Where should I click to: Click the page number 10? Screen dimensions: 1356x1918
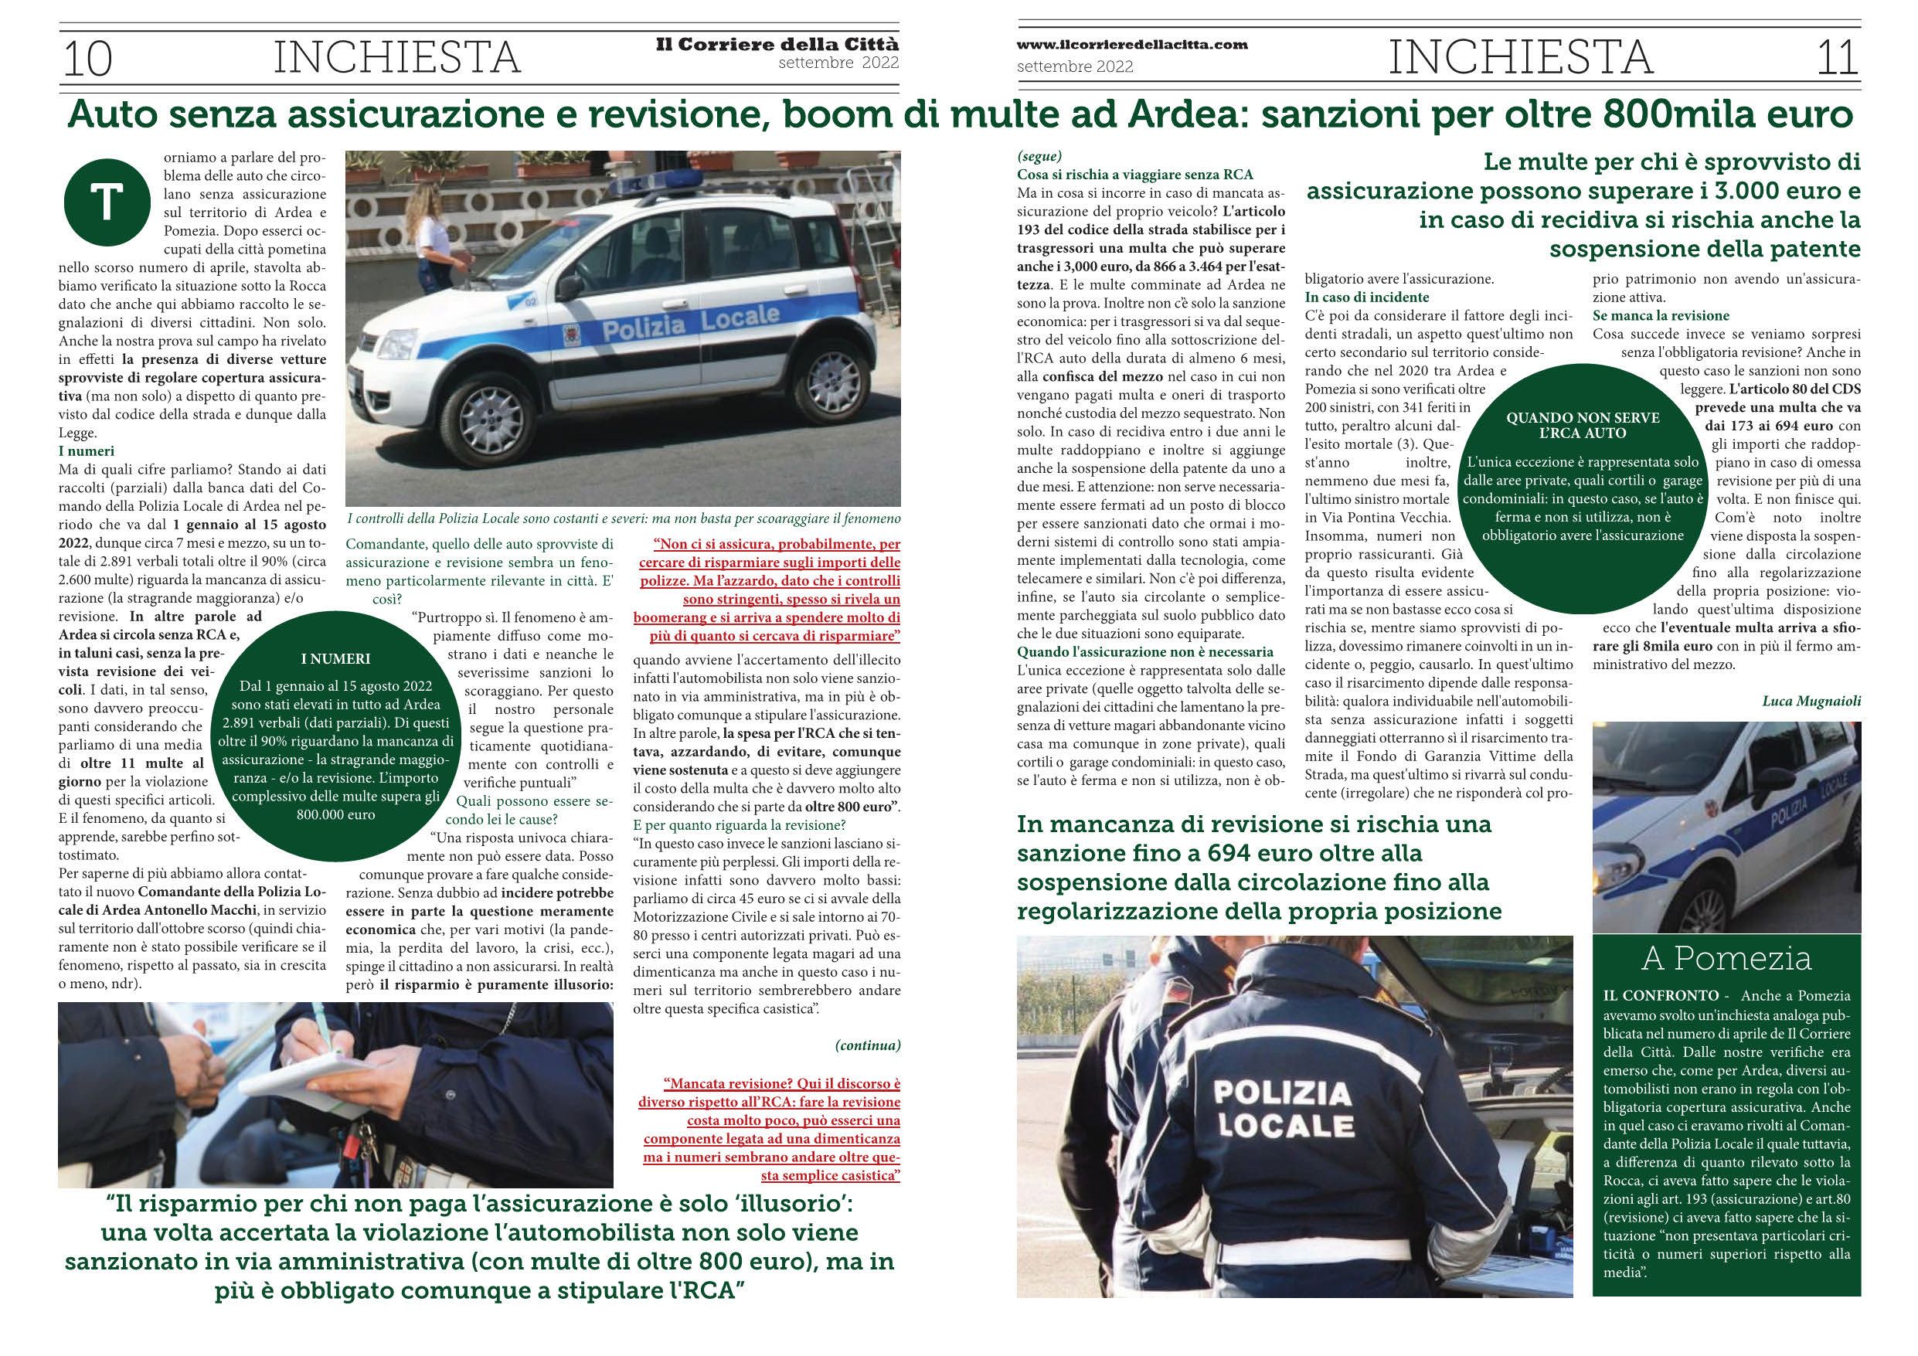click(87, 59)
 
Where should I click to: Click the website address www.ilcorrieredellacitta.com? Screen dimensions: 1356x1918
click(1132, 45)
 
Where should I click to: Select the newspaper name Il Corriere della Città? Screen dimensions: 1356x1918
click(777, 44)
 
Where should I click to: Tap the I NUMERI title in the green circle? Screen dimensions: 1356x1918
click(334, 659)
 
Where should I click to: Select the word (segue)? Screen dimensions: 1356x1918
click(1039, 156)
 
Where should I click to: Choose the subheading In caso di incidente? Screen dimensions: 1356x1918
click(1367, 297)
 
